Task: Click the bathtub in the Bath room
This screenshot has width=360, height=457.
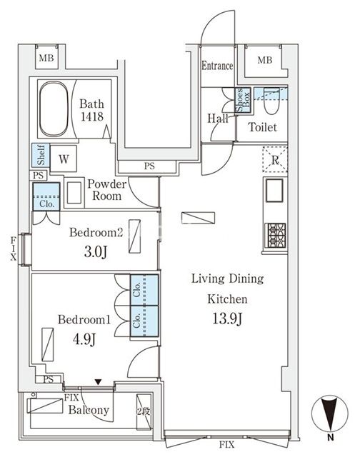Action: [54, 109]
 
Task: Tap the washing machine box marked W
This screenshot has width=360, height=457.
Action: [64, 159]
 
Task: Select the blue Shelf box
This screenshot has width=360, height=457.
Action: [41, 155]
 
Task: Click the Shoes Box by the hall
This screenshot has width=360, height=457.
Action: [243, 100]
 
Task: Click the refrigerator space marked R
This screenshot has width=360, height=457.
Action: [275, 159]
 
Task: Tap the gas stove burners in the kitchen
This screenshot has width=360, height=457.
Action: [275, 235]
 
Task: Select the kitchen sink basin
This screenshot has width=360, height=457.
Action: [274, 191]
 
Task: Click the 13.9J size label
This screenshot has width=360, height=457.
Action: [227, 318]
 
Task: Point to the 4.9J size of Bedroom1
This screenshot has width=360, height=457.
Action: [84, 339]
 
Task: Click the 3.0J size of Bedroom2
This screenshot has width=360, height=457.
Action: [96, 252]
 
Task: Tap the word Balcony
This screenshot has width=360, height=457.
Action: [89, 411]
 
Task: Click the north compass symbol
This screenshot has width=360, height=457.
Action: [330, 414]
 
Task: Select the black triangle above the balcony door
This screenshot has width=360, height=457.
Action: [99, 382]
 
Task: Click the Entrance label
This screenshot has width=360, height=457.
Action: [217, 66]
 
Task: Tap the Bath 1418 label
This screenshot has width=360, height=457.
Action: [91, 110]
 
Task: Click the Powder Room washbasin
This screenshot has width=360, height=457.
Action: [74, 193]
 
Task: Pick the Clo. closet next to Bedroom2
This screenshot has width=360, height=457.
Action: [46, 197]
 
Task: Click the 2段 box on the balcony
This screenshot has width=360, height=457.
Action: [144, 411]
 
